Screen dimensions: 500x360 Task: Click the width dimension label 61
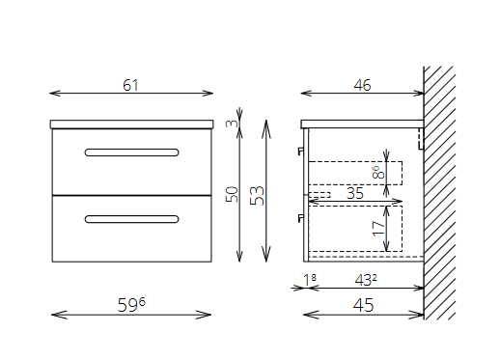(x=130, y=85)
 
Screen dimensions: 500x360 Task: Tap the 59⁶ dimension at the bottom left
(x=131, y=304)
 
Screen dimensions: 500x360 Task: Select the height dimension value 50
(x=233, y=194)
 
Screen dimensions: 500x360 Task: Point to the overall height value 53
(x=258, y=195)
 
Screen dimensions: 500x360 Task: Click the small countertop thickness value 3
(x=232, y=123)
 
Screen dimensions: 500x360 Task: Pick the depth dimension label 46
(x=362, y=85)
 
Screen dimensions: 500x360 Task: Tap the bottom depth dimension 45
(x=364, y=305)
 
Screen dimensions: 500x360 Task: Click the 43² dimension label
(x=366, y=280)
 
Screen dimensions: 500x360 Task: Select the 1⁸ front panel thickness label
(x=310, y=280)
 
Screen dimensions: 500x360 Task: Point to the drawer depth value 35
(x=355, y=193)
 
